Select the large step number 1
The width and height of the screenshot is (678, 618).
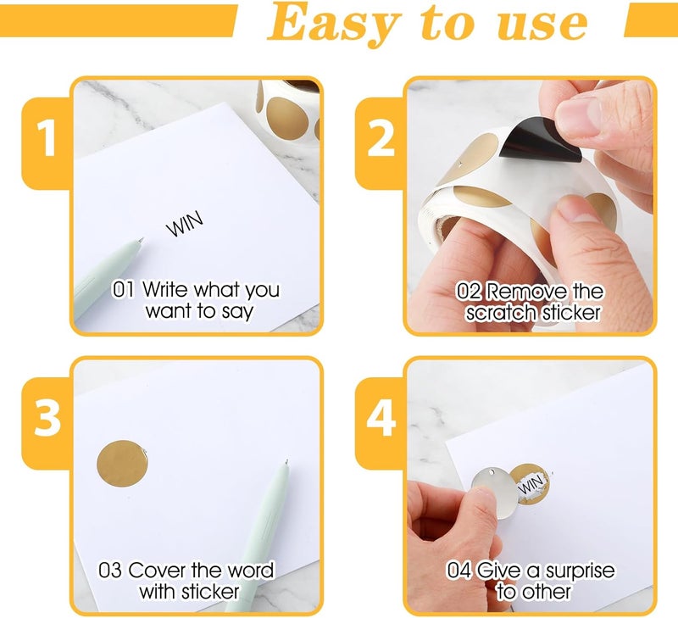[x=46, y=138]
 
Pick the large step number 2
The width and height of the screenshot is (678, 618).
[x=381, y=138]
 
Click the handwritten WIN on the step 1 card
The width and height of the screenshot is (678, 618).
[x=185, y=224]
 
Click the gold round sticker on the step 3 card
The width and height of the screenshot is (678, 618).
[x=122, y=464]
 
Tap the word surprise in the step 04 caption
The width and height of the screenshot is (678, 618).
[x=581, y=571]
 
